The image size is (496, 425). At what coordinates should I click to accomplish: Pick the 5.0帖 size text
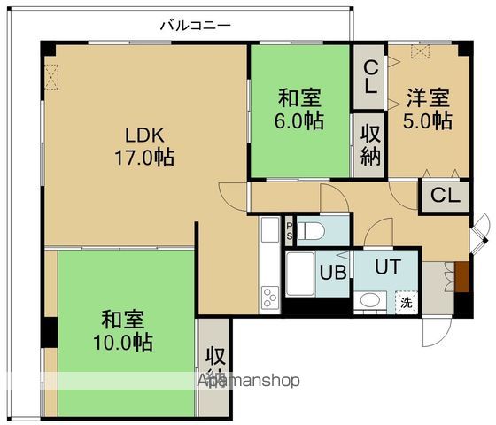[429, 120]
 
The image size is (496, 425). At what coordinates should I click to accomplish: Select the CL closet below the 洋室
[446, 196]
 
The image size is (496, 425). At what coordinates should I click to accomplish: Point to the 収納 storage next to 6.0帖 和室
[371, 147]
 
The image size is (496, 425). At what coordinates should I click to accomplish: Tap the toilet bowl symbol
[317, 231]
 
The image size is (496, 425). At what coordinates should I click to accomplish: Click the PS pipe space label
[290, 232]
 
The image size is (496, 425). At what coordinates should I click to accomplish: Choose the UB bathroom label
[332, 272]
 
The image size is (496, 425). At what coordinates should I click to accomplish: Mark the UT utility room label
[386, 266]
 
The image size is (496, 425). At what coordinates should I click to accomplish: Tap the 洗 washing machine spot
[406, 301]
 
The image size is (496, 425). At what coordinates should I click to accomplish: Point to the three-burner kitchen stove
[269, 296]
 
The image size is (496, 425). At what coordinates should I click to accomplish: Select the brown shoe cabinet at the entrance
[461, 277]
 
